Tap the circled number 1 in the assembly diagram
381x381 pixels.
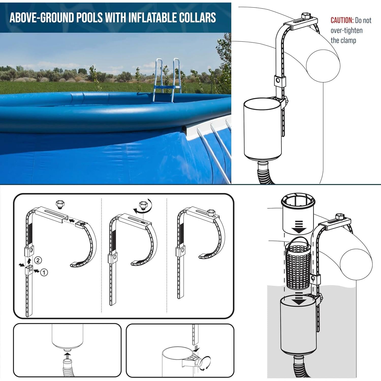[x=44, y=273]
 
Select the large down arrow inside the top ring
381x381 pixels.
[x=299, y=227]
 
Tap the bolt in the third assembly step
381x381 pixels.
[x=210, y=212]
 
